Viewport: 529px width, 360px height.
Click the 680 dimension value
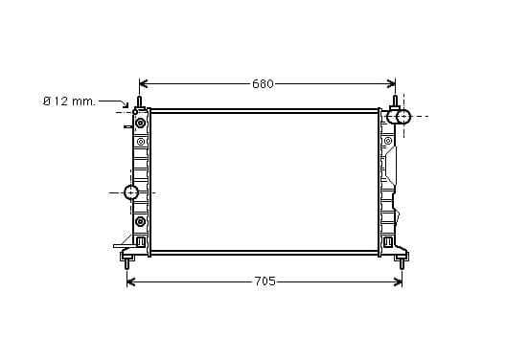(x=263, y=84)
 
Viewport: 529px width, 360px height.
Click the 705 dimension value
(x=264, y=281)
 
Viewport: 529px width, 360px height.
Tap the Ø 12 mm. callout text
(x=69, y=101)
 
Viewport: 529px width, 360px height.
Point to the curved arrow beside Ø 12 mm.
(x=116, y=101)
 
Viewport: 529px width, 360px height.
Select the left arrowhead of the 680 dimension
(x=144, y=83)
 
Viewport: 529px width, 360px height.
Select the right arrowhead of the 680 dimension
(x=391, y=83)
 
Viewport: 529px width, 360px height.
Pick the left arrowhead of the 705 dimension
(x=131, y=281)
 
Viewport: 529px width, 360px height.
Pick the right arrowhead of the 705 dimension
(x=398, y=281)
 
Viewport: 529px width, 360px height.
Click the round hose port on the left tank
(x=131, y=192)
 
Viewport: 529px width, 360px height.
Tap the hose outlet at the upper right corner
(x=399, y=117)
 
